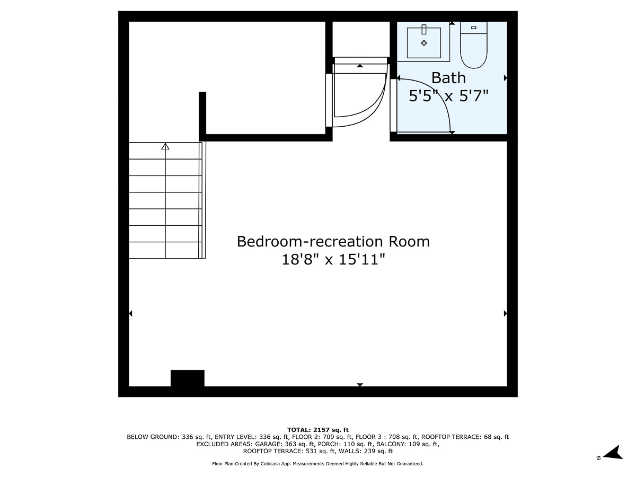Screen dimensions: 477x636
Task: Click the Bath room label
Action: point(448,78)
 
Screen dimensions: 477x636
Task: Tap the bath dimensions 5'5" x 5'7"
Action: point(448,96)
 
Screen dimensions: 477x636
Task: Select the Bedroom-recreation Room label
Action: point(333,242)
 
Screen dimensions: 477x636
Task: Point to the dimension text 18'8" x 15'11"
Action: point(333,260)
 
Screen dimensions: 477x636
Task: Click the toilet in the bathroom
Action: point(473,45)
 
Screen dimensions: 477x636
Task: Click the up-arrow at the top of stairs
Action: point(165,147)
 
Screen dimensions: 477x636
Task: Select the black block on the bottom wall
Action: point(187,378)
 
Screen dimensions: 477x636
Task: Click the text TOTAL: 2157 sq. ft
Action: point(318,430)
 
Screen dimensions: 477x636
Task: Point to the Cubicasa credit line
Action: point(318,464)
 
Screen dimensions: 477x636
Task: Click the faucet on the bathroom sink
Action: point(424,29)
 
